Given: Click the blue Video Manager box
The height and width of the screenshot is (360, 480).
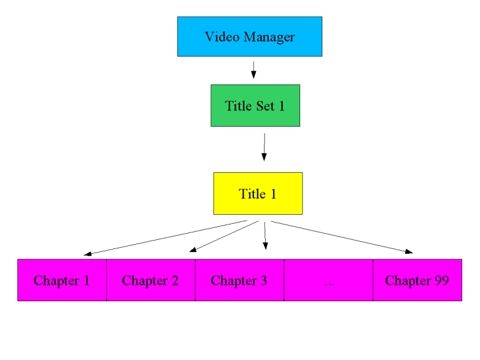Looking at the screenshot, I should [x=250, y=37].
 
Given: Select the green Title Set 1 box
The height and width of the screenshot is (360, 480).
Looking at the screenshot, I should [x=255, y=106].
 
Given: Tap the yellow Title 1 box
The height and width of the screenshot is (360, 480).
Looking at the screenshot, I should [x=258, y=193].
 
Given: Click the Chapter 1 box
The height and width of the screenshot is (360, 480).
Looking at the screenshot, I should [x=62, y=280].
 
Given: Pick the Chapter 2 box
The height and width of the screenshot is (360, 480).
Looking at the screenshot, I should [x=151, y=280].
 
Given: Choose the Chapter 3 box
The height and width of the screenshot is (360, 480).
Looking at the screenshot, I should [x=239, y=280].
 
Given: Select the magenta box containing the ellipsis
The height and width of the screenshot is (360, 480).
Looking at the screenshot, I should [x=329, y=280].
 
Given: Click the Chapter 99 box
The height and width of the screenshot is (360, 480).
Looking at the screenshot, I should [x=417, y=280].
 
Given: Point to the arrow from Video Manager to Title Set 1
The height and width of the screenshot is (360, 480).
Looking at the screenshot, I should [x=253, y=69].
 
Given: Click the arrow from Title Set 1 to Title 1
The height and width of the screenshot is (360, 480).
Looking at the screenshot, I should [x=264, y=147].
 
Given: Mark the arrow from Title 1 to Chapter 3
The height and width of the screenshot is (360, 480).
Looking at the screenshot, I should [x=265, y=235].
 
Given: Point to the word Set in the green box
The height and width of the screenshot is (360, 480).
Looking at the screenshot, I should [x=260, y=106].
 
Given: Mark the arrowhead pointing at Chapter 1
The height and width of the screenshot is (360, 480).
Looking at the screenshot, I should [x=88, y=254].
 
